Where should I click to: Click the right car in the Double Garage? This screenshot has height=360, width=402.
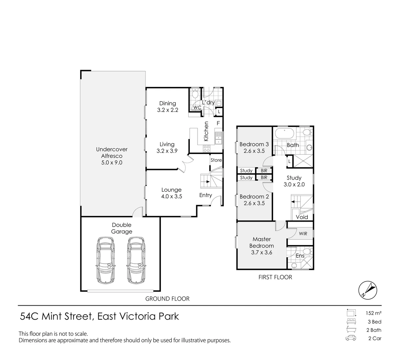coord(136,260)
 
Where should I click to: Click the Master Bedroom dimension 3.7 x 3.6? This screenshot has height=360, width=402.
coord(261,252)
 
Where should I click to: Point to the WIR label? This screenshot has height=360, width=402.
coord(303,234)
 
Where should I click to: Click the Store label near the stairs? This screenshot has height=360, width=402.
coord(216,160)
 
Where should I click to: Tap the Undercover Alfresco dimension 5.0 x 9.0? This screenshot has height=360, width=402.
coord(112,163)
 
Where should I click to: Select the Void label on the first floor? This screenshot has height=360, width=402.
coord(302,217)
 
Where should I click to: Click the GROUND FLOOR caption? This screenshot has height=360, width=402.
coord(167,299)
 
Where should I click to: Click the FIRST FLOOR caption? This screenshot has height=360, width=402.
coord(275,277)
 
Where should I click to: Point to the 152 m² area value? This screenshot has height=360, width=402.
coord(373,313)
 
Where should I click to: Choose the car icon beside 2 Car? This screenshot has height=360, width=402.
coord(350,339)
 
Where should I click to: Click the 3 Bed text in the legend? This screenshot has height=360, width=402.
coord(374,322)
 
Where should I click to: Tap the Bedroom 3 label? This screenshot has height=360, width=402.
coord(254,144)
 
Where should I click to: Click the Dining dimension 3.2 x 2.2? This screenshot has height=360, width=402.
coord(167,110)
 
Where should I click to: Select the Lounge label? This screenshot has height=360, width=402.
coord(172,190)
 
